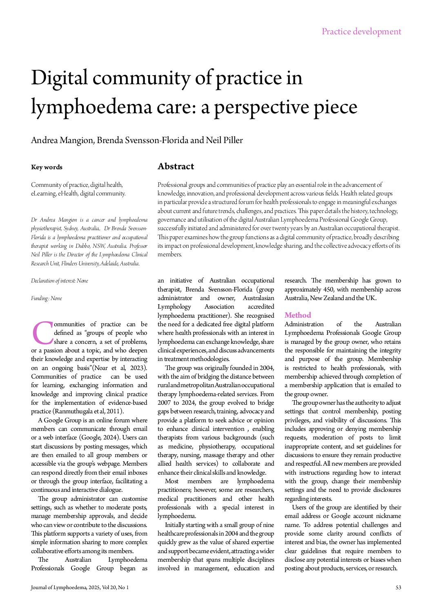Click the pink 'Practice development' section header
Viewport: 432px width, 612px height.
(x=361, y=31)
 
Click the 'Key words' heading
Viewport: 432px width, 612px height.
(x=47, y=167)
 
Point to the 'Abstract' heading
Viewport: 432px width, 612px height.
(x=176, y=166)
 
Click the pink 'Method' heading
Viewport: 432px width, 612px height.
(x=298, y=315)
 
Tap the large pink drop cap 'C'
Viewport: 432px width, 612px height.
(x=42, y=333)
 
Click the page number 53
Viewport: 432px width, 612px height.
(x=398, y=587)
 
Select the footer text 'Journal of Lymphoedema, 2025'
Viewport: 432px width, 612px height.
(x=65, y=587)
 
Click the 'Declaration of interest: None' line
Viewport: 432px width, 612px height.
(x=60, y=281)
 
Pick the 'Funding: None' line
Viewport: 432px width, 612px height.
(x=47, y=298)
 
